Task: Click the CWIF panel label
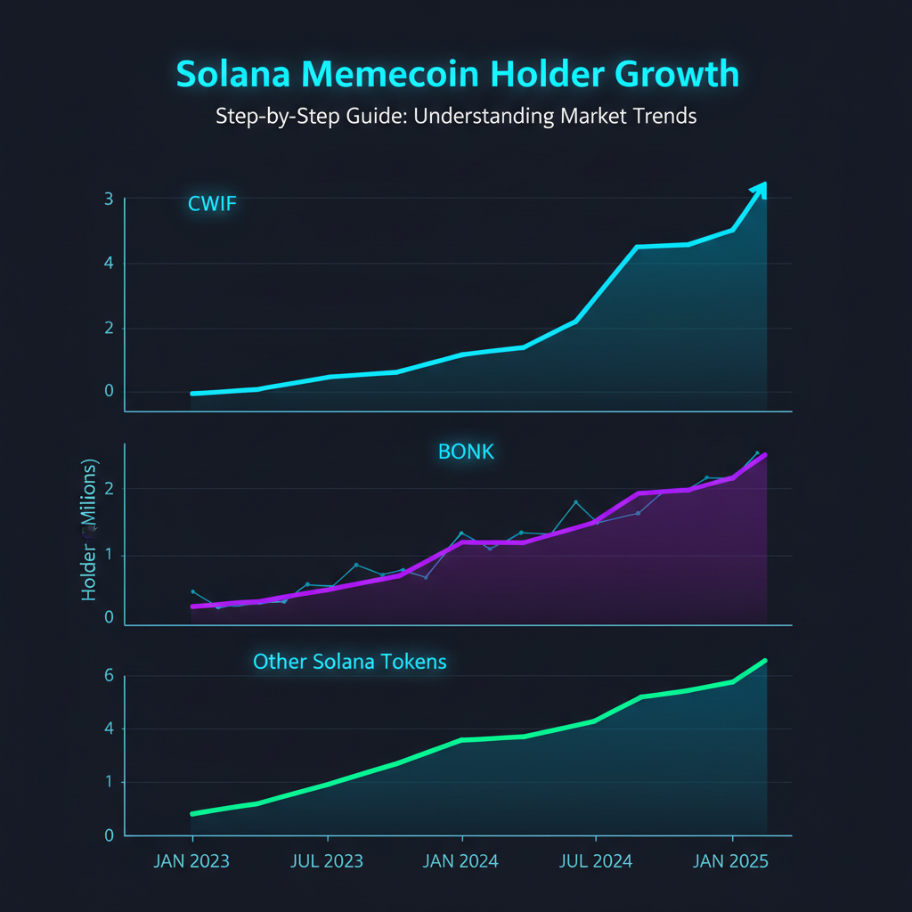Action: (x=212, y=204)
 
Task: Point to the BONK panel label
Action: (x=466, y=452)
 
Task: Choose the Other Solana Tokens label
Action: (x=350, y=662)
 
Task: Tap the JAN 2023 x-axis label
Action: (x=192, y=862)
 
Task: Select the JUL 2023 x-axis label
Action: (x=327, y=862)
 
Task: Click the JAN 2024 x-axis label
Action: (x=461, y=862)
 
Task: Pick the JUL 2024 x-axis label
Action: (x=595, y=862)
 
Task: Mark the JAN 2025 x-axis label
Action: (x=730, y=862)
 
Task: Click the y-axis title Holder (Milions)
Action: (x=89, y=530)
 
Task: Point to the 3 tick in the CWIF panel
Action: (x=108, y=199)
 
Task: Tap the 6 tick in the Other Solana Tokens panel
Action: (x=109, y=676)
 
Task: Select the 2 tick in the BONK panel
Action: (x=109, y=488)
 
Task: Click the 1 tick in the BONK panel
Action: (x=109, y=556)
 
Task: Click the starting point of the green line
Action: (x=193, y=813)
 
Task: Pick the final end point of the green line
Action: (x=764, y=661)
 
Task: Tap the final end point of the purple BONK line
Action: (x=764, y=455)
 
